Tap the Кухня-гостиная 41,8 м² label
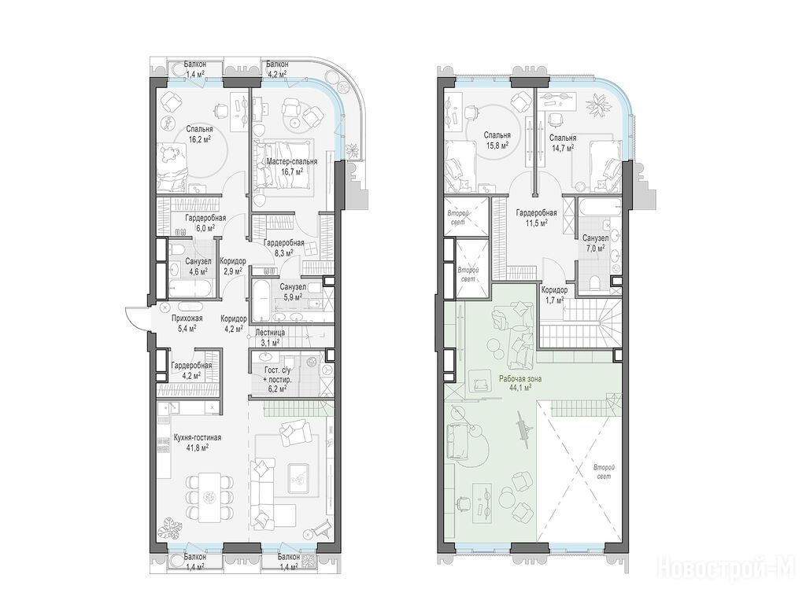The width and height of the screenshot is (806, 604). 190,442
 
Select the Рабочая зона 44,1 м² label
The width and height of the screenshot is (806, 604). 519,384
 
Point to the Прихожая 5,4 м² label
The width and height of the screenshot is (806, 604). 187,322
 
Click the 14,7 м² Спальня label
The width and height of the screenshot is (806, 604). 562,142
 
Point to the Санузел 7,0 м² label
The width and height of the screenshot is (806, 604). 596,242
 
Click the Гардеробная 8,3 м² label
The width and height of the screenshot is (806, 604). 283,247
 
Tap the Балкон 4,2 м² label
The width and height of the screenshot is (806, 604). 277,68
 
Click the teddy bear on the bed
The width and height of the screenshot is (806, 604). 169,153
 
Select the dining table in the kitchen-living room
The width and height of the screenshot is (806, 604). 209,495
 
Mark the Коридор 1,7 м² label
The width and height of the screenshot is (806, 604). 554,294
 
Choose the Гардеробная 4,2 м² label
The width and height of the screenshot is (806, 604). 191,370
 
